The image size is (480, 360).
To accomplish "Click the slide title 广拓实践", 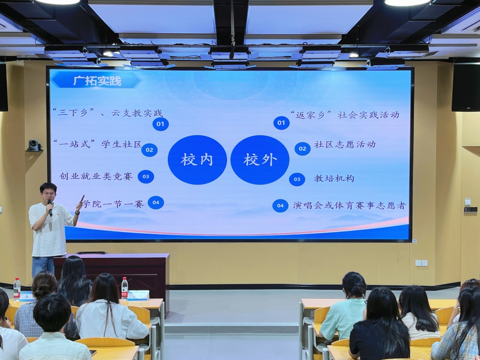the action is point(97,81).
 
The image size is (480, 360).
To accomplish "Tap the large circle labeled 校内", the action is point(197,160).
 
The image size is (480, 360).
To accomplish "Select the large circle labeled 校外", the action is point(260,160).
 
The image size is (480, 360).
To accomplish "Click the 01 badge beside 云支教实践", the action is point(160,124).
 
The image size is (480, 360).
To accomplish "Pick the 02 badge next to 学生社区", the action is point(150,150).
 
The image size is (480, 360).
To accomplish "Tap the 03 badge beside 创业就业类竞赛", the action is point(146,176).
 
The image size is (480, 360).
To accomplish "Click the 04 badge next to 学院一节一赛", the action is point(156,203).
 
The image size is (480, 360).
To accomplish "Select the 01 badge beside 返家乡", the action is point(281,123).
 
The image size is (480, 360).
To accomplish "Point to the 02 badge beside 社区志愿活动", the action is point(303,149).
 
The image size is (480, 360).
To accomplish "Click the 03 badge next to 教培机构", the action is point(297,179).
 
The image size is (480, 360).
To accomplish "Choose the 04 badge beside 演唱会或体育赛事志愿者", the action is point(280,206).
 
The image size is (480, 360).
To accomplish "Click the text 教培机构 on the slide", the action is point(334,178).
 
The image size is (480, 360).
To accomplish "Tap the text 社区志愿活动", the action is point(345,144).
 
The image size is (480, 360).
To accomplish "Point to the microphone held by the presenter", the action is point(50,207).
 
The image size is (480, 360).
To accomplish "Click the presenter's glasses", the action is point(49,194).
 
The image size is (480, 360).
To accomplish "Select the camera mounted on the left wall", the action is point(34,145).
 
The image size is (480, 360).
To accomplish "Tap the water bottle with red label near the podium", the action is point(125,289).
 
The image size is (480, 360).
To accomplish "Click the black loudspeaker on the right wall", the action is point(466,87).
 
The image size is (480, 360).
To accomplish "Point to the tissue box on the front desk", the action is point(138,295).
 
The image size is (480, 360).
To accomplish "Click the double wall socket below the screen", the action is point(421,263).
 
